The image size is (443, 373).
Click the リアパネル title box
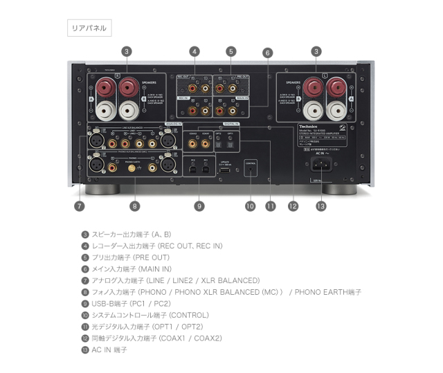coord(88,28)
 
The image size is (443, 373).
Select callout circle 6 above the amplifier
coord(267,53)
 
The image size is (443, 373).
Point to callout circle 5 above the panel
coord(230,51)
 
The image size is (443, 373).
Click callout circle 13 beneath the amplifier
coord(320,206)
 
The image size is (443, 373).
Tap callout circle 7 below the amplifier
coord(80,206)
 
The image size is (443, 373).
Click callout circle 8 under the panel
coord(134,206)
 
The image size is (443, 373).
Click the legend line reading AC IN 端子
coord(109,350)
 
